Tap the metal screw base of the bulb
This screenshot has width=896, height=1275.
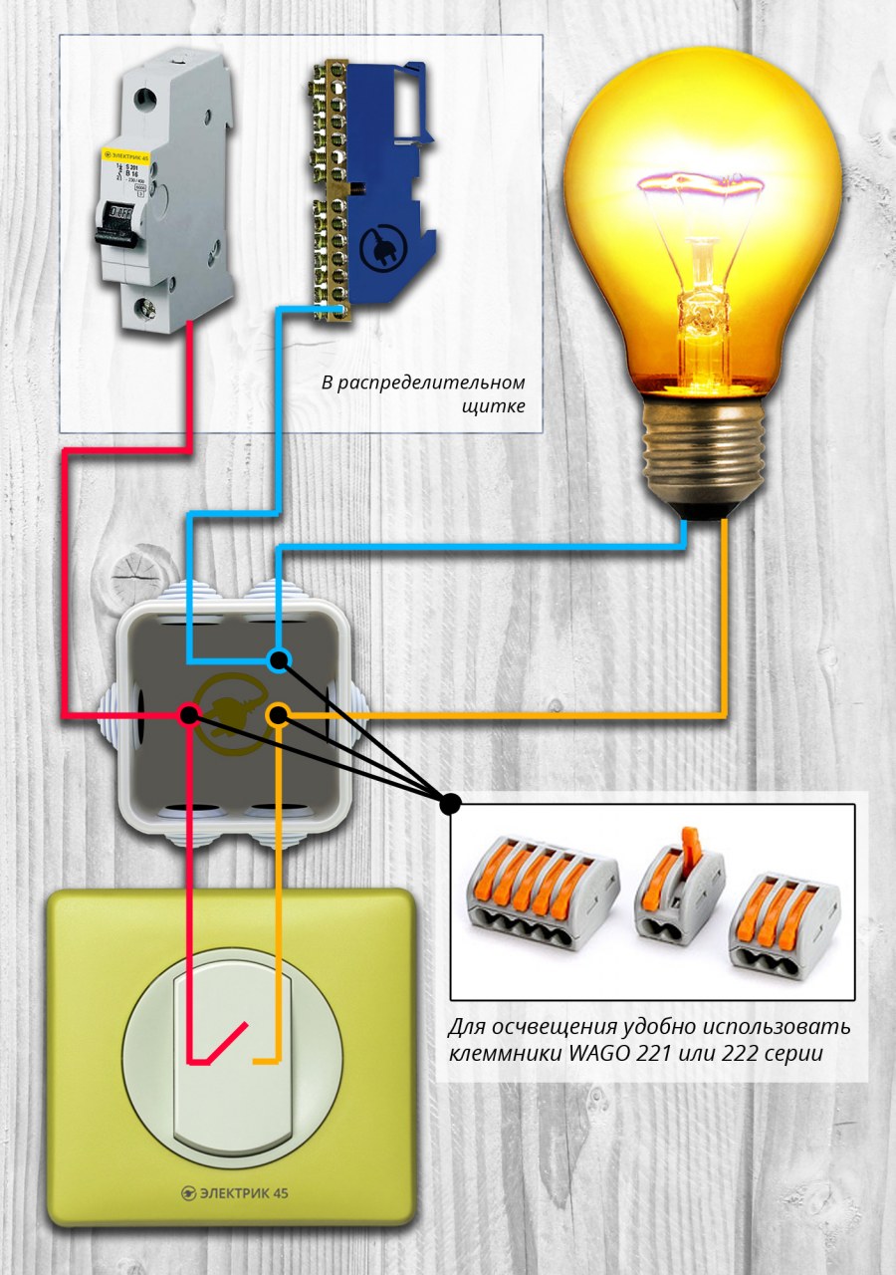[704, 448]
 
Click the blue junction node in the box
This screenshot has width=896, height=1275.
[280, 658]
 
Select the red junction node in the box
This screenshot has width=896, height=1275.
[189, 714]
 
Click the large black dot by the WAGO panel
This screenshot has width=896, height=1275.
[450, 803]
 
